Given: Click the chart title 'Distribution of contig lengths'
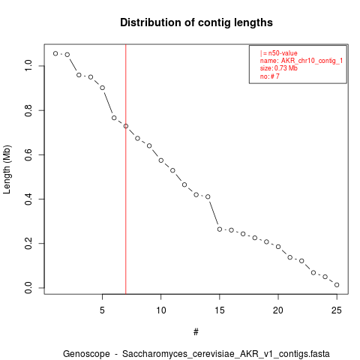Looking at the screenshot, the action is click(196, 22).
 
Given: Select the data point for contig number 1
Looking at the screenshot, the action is click(55, 53).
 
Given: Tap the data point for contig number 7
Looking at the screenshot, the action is click(126, 126).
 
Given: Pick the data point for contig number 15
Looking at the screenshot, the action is click(220, 229).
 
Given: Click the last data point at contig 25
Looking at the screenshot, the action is click(337, 285).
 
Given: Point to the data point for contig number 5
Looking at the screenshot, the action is click(102, 88).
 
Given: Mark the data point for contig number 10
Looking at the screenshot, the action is click(161, 160).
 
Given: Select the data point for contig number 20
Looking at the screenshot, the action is click(278, 247).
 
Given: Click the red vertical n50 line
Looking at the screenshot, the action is click(126, 169).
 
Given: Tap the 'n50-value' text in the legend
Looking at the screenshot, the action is click(283, 53).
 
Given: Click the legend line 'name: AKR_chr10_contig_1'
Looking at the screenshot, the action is click(301, 61).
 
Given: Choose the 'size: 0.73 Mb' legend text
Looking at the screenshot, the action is click(279, 68).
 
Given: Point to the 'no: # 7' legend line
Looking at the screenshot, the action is click(270, 76).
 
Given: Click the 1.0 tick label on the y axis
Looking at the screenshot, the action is click(28, 66).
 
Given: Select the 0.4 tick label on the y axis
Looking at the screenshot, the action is click(28, 199).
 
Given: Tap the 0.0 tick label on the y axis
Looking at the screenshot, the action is click(28, 288).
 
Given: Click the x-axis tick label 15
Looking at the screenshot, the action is click(220, 310).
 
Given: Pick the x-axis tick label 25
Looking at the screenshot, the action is click(337, 310).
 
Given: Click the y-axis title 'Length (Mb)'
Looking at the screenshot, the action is click(7, 169).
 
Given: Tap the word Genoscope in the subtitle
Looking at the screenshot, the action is click(86, 354).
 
